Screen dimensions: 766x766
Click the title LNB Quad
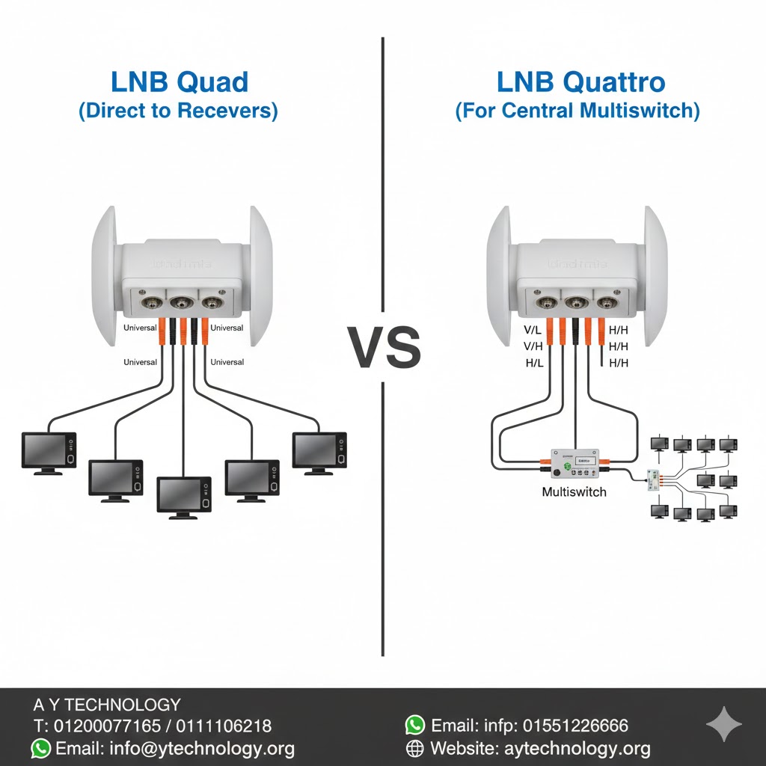tap(179, 82)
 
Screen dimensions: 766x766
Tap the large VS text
tap(384, 349)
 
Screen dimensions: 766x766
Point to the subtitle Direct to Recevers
tap(178, 111)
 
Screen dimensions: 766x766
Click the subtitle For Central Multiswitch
tap(577, 111)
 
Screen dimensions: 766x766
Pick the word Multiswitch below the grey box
tap(574, 492)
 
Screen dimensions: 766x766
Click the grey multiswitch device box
tap(574, 465)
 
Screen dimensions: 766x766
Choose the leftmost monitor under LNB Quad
tap(49, 452)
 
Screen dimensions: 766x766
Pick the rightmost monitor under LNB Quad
tap(319, 452)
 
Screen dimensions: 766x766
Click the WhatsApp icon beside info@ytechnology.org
tap(41, 748)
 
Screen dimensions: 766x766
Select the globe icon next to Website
tap(414, 748)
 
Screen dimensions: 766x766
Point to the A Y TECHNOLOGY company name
tap(107, 705)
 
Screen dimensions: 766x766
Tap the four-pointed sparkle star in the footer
tap(724, 724)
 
